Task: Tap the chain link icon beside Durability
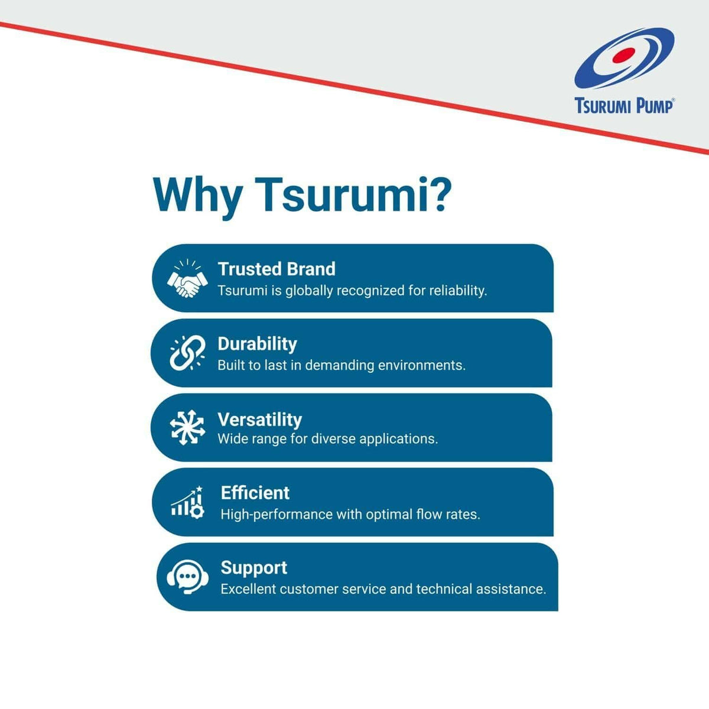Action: (187, 353)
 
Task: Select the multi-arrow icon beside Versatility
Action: (187, 427)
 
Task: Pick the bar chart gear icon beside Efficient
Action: (188, 503)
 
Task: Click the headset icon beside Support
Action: (187, 577)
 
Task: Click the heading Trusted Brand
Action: (277, 269)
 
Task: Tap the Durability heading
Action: (257, 344)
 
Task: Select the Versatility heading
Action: (259, 419)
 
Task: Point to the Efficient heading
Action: (255, 493)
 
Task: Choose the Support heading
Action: (253, 568)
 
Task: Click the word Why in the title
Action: (197, 194)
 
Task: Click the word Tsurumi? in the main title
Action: (354, 194)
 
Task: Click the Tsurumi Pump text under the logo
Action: (624, 106)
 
